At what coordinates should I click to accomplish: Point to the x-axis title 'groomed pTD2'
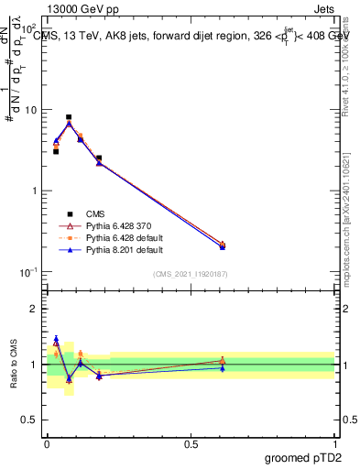point(305,457)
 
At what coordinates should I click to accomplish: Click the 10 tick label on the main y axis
point(30,110)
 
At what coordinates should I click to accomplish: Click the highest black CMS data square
point(69,117)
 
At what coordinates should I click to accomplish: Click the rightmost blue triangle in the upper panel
point(223,246)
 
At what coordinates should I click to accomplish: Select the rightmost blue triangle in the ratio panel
point(223,367)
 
